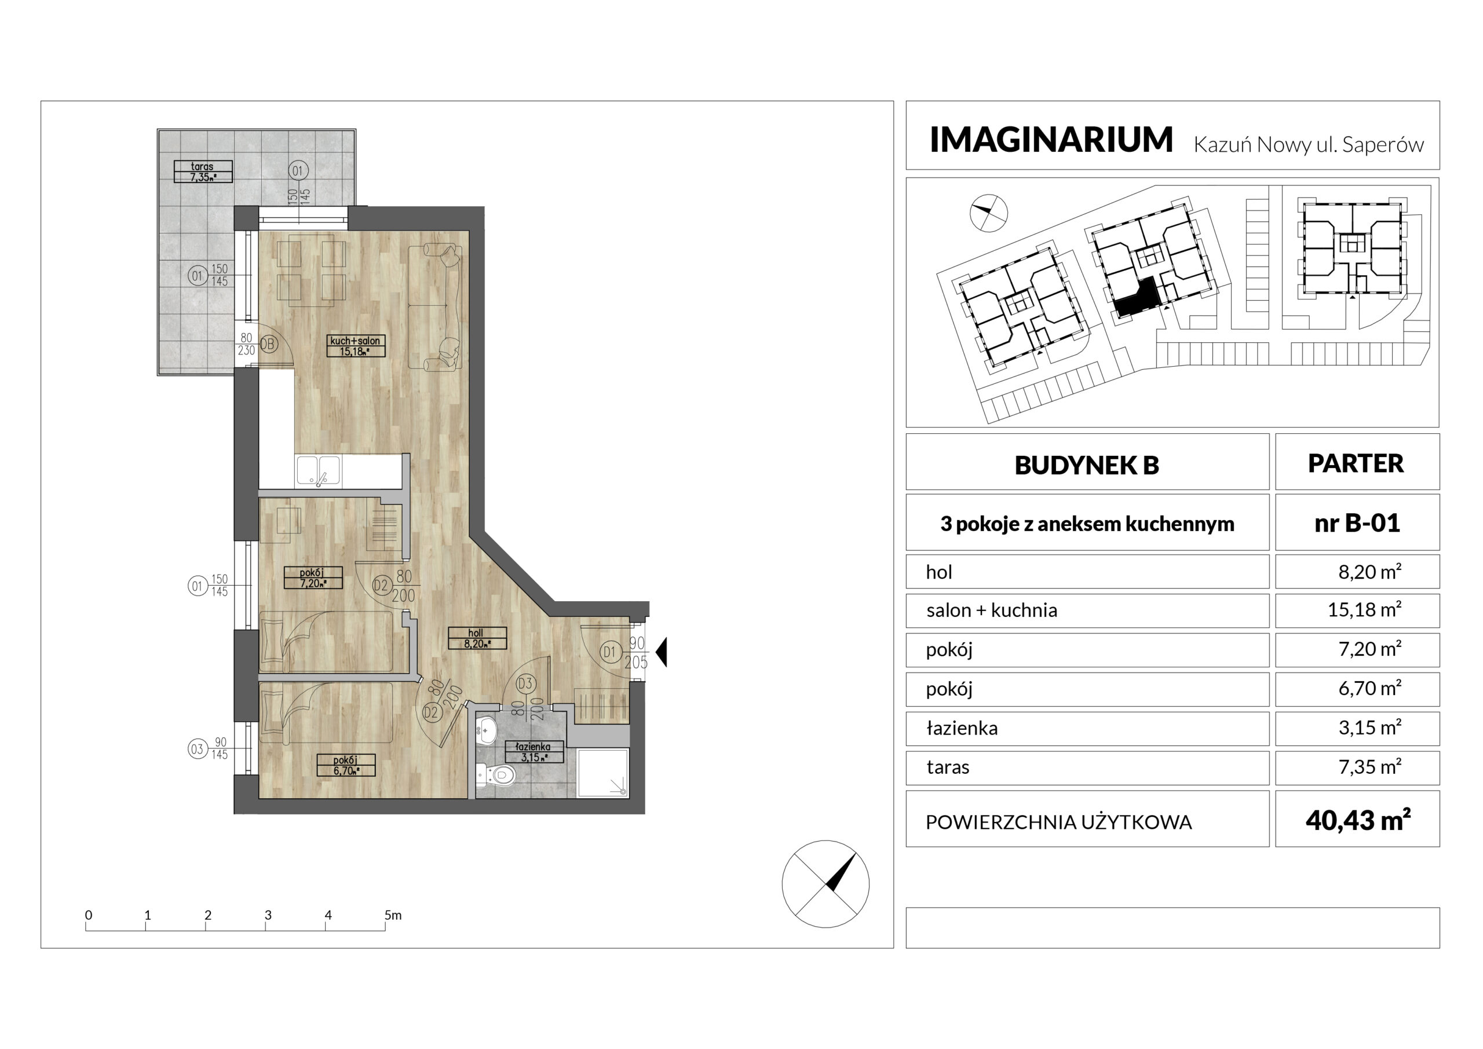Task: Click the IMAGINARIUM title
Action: [x=1051, y=140]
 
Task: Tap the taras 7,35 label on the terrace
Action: [x=203, y=172]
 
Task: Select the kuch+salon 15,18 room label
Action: [x=355, y=346]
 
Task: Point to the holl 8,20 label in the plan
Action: [x=477, y=638]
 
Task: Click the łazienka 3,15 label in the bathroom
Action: [x=534, y=752]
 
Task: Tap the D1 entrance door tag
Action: [x=609, y=652]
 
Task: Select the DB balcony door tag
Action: [x=268, y=344]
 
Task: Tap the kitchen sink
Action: [x=319, y=471]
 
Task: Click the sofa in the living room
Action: [x=435, y=308]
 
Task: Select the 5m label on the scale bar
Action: [x=393, y=915]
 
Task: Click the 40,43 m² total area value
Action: [x=1358, y=820]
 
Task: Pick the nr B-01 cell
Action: [x=1357, y=522]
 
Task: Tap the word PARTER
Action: [x=1356, y=463]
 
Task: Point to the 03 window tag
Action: [x=196, y=750]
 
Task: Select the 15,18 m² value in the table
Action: [x=1364, y=609]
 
